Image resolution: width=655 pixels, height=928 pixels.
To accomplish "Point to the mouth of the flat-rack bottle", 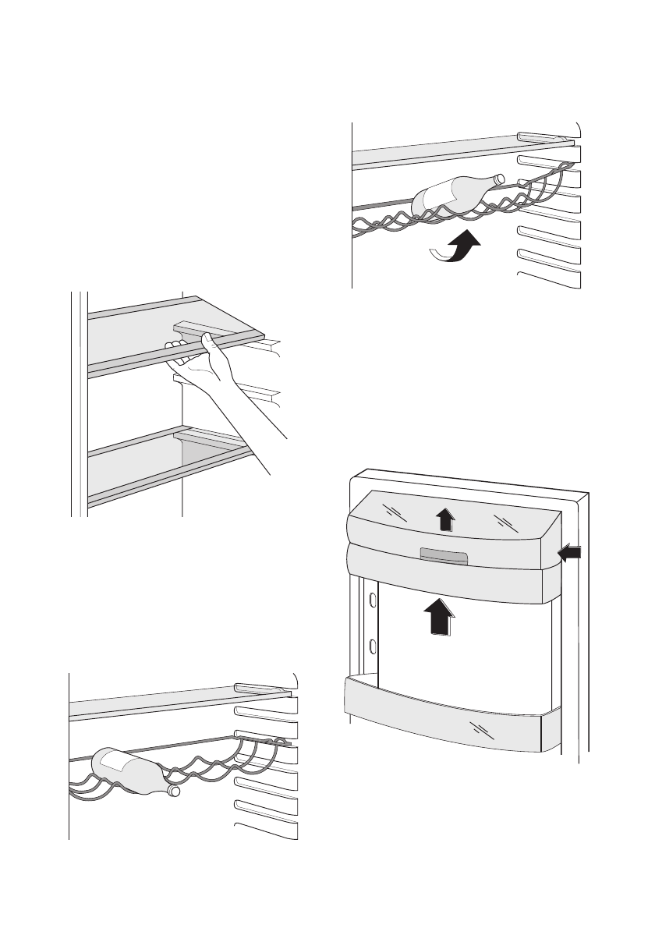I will [174, 792].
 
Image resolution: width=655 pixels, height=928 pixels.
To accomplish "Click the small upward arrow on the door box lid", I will [444, 519].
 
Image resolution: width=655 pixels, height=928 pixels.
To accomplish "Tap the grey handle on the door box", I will [443, 555].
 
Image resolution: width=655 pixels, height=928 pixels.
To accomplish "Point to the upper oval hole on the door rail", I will [373, 600].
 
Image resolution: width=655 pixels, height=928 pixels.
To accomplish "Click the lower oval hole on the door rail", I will [373, 646].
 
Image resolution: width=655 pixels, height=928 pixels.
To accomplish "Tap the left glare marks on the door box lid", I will [395, 511].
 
